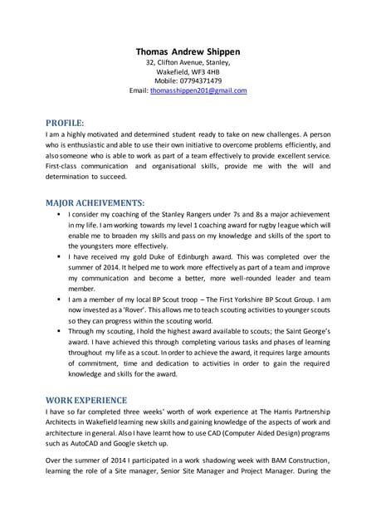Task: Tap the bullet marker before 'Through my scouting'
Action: tap(59, 329)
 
